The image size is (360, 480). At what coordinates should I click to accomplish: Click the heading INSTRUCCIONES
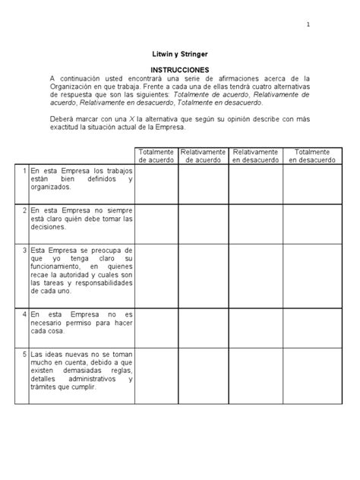[179, 69]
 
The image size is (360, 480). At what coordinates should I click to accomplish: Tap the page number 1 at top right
[308, 25]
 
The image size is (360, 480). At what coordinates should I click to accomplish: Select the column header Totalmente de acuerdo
[156, 156]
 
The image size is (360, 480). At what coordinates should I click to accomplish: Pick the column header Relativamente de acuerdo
[203, 156]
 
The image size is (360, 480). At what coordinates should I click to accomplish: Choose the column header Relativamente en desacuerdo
[255, 156]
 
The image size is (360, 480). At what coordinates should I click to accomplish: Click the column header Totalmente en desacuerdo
[311, 156]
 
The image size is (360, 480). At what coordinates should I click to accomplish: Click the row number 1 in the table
[25, 171]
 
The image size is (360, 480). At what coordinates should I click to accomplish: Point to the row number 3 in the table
[25, 249]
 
